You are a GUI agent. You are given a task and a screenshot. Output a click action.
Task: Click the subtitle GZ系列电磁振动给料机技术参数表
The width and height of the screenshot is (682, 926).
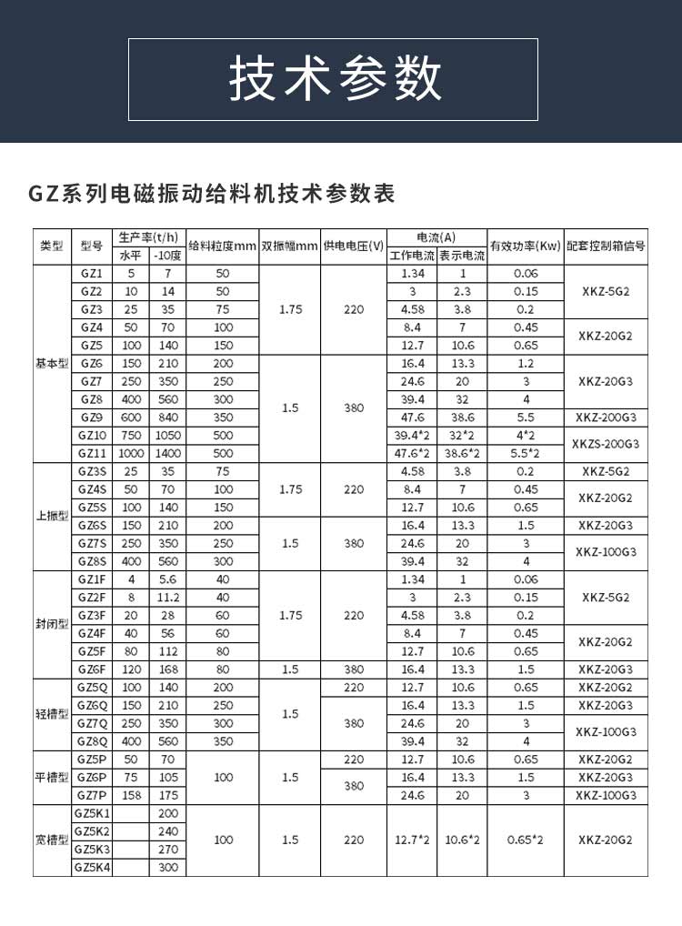click(x=212, y=194)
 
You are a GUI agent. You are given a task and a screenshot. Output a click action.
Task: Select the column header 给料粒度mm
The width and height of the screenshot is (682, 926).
click(x=223, y=246)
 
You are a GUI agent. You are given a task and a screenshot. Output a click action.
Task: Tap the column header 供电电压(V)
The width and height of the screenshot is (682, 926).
click(x=354, y=246)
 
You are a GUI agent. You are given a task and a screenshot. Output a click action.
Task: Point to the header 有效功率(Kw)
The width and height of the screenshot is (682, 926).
click(x=525, y=246)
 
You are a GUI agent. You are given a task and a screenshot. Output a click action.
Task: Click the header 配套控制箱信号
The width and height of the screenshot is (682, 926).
click(x=606, y=246)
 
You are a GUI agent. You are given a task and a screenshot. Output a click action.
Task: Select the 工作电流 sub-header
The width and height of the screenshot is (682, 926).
click(x=412, y=256)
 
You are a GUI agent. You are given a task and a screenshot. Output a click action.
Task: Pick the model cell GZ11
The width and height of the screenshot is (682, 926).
click(x=91, y=453)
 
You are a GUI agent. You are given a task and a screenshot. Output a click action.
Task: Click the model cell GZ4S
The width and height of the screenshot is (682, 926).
click(x=91, y=489)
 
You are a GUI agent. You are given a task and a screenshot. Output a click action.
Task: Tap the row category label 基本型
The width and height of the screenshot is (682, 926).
click(x=52, y=363)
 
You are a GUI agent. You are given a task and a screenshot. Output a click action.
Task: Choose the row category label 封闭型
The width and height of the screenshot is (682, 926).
click(x=52, y=625)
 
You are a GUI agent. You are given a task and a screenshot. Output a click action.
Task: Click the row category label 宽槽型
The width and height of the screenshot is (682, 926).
click(x=52, y=840)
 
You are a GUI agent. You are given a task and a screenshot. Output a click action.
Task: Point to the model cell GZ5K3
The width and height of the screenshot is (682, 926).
click(x=91, y=850)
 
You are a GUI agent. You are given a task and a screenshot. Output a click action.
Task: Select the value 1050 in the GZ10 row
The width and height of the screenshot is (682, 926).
click(x=167, y=435)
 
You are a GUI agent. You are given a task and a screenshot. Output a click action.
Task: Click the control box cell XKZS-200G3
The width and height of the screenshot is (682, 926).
click(x=606, y=444)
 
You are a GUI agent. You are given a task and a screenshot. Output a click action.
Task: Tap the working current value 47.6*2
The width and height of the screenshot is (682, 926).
click(x=412, y=453)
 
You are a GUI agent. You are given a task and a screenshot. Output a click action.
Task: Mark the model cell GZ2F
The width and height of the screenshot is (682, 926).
click(x=91, y=597)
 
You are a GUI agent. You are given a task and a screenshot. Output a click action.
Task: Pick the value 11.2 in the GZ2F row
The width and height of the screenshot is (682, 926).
click(x=167, y=597)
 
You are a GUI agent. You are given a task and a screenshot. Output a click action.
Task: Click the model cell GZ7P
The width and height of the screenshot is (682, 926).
click(x=91, y=795)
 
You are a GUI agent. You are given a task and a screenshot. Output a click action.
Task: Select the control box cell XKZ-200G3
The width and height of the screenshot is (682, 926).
click(x=606, y=418)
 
